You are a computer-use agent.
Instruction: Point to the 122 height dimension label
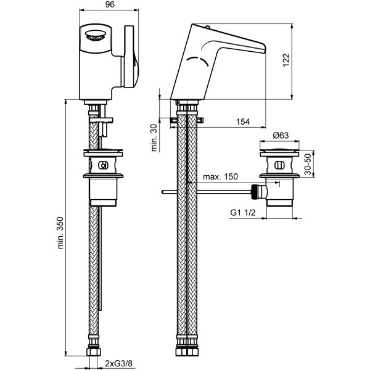[303, 62]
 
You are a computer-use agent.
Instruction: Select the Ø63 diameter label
[282, 136]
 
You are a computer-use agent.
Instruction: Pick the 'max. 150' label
[220, 178]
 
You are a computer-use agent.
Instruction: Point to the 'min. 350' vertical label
[60, 233]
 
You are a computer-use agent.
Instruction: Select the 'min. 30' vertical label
[154, 138]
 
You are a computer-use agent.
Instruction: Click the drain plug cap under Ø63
[282, 150]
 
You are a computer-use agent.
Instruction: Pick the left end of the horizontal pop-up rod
[162, 192]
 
